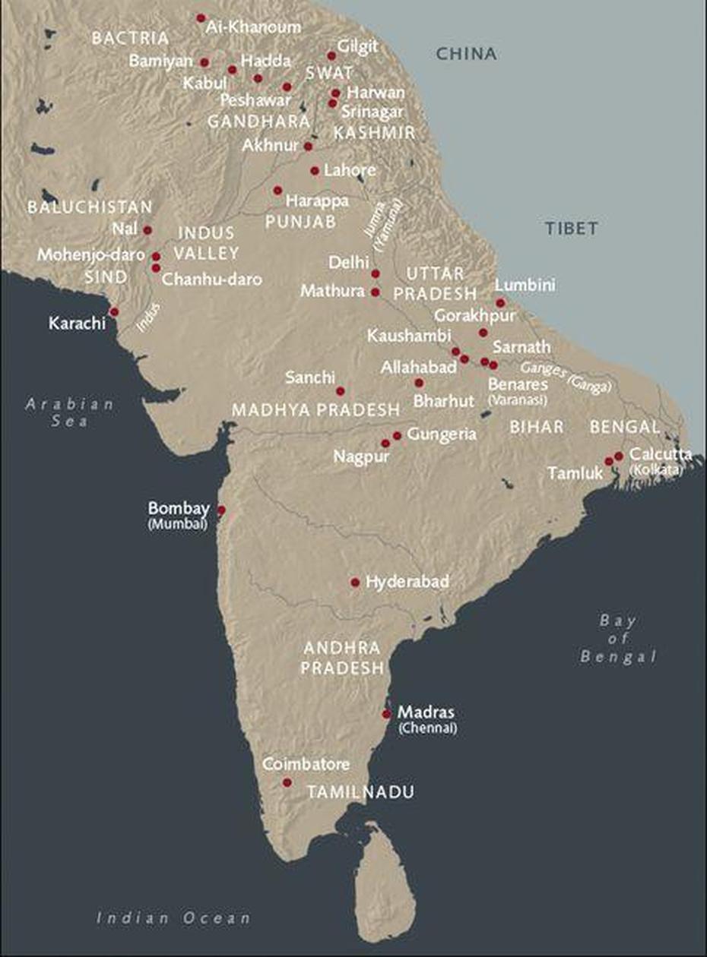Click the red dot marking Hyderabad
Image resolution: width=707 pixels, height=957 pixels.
[355, 583]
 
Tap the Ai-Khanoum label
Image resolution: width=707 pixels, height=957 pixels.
[253, 27]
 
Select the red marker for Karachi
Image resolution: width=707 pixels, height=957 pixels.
[114, 312]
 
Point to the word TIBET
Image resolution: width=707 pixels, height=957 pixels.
[571, 228]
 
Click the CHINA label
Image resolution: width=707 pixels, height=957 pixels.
[466, 55]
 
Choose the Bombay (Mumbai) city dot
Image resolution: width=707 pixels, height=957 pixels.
[222, 510]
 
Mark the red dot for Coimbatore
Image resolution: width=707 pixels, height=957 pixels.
[287, 782]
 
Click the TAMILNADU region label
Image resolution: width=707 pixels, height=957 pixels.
[360, 792]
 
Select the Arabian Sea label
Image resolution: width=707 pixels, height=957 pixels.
[70, 412]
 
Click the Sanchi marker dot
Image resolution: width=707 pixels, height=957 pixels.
[341, 391]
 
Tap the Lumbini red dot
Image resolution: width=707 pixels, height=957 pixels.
[500, 302]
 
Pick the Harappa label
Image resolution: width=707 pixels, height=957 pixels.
[317, 202]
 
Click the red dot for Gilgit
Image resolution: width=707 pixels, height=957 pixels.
[331, 55]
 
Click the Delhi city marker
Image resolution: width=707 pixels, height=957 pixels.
[376, 273]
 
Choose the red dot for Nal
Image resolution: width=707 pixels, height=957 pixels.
[147, 230]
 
